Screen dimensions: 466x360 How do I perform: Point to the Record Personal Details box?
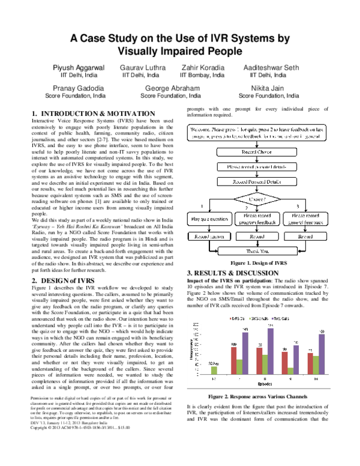click(x=257, y=180)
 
